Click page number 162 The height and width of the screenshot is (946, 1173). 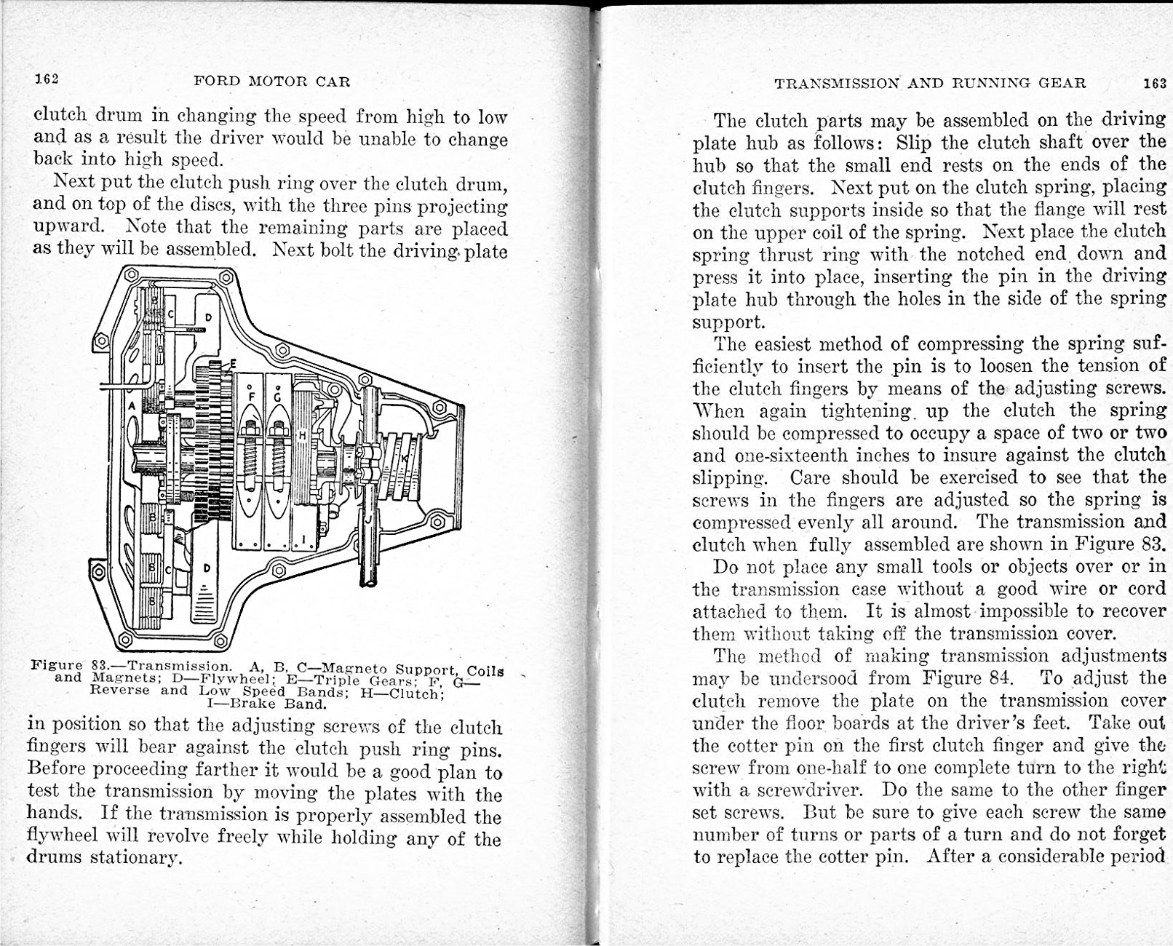point(46,79)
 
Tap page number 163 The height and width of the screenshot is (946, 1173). point(1155,83)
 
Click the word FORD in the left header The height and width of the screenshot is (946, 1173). point(217,82)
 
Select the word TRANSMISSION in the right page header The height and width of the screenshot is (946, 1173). point(837,83)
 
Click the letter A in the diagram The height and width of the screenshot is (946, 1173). point(132,405)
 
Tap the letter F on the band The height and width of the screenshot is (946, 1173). point(252,397)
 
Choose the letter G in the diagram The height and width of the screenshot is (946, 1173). point(277,397)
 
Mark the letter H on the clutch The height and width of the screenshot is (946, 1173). point(302,434)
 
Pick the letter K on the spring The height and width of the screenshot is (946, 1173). point(405,460)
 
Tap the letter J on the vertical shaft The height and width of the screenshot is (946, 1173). point(370,517)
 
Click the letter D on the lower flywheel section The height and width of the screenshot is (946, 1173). point(207,568)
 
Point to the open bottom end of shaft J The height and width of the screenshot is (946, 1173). point(370,581)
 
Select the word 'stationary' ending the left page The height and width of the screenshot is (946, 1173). point(133,857)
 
